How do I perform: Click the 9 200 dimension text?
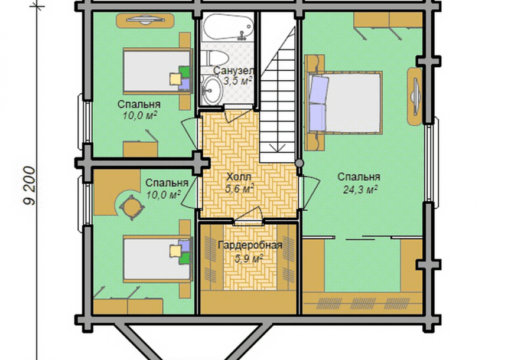click(30, 185)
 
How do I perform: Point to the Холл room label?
click(239, 177)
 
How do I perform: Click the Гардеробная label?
click(250, 245)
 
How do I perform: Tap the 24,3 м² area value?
click(360, 189)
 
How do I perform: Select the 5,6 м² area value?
click(239, 188)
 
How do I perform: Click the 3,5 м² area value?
click(237, 81)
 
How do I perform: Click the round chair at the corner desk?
click(131, 207)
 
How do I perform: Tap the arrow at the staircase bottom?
click(276, 148)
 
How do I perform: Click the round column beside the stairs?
click(299, 163)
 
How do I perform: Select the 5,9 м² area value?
click(249, 258)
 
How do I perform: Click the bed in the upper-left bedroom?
click(157, 71)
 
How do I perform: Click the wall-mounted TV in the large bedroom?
click(415, 96)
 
